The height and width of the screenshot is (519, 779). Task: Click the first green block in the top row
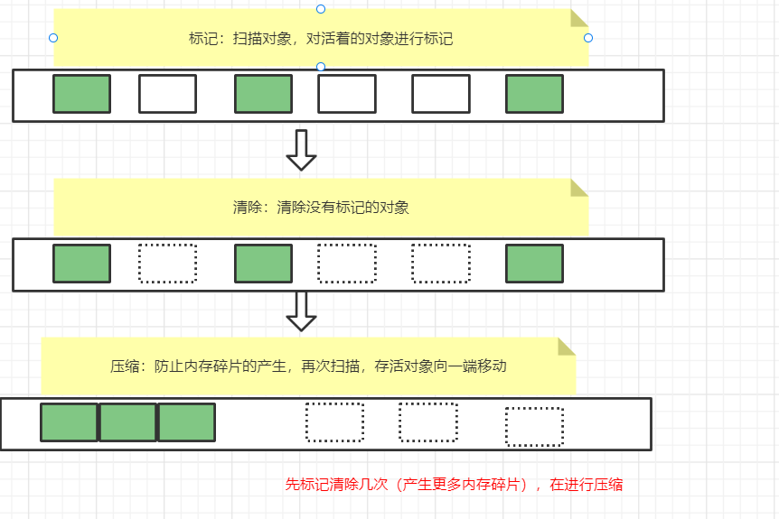[x=81, y=94]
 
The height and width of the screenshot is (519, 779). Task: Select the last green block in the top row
[x=534, y=94]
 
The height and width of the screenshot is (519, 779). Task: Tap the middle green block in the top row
[x=263, y=94]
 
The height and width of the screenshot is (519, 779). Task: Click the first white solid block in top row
[x=167, y=94]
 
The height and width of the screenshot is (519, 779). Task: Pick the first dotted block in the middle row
[x=167, y=263]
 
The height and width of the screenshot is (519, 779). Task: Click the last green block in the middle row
[x=534, y=263]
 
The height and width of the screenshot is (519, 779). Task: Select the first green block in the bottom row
[x=69, y=422]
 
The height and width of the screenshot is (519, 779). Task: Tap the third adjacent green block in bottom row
[x=186, y=422]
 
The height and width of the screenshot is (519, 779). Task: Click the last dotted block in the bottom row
[x=534, y=427]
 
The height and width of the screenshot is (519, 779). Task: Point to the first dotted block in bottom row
[x=334, y=422]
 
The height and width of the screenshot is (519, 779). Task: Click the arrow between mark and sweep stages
[x=301, y=150]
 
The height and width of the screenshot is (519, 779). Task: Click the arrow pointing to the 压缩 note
[x=301, y=310]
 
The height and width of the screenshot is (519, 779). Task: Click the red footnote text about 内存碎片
[x=454, y=485]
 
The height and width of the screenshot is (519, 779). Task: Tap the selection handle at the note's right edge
[x=588, y=38]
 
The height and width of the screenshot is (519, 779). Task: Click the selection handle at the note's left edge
[x=53, y=38]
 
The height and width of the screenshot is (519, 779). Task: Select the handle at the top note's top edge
[x=321, y=9]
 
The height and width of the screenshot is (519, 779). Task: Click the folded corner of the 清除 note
[x=578, y=187]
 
